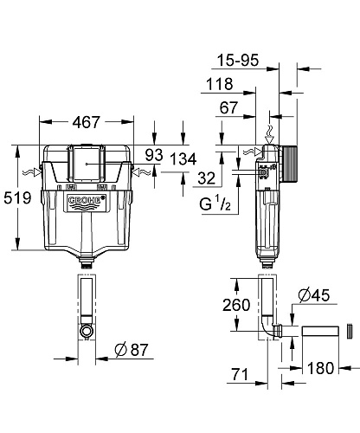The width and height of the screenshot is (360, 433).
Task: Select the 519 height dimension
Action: [19, 197]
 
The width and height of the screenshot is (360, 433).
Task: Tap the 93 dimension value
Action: [155, 155]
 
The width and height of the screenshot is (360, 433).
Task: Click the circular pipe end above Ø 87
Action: [86, 331]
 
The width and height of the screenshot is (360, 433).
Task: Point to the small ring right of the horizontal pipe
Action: [349, 332]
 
